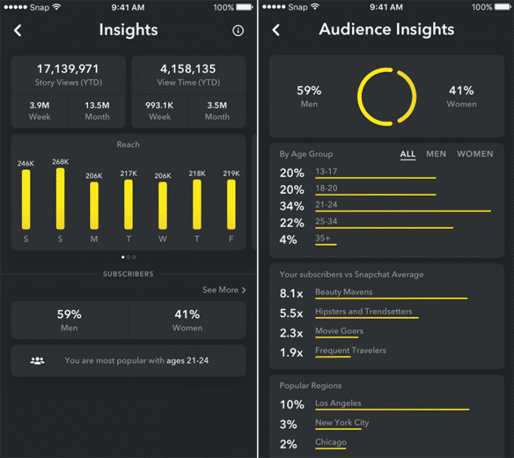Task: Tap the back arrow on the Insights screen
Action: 18,30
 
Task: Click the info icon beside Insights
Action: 238,31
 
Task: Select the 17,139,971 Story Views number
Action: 68,69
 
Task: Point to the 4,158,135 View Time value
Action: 188,69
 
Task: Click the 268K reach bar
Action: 61,199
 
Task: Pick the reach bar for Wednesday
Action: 163,206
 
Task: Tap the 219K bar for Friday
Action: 231,204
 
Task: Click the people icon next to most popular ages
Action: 37,361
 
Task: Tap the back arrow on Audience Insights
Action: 276,30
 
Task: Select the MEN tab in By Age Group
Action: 436,154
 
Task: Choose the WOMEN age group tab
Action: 475,154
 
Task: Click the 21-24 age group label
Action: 327,204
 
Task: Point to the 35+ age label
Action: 323,238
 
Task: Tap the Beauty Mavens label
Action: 344,292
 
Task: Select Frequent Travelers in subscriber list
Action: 350,350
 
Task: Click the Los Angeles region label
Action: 338,403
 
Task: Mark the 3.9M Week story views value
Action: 39,105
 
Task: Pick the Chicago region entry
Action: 331,442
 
